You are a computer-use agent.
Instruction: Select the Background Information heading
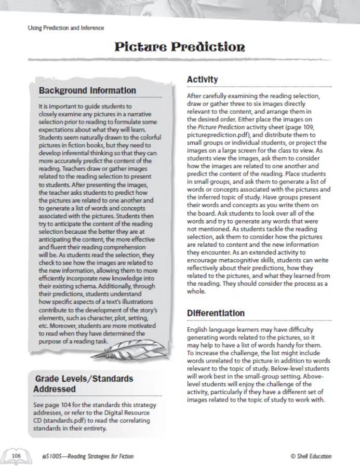[87, 90]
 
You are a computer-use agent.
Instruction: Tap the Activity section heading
[202, 79]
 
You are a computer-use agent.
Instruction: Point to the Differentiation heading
[216, 313]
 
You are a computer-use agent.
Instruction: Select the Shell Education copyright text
[311, 457]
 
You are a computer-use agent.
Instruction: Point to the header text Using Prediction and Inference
[65, 28]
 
